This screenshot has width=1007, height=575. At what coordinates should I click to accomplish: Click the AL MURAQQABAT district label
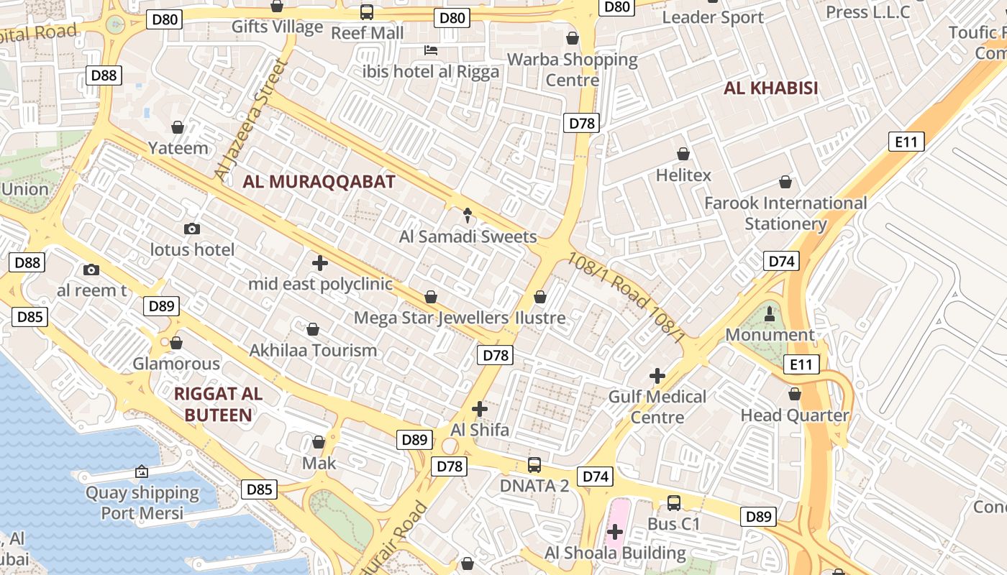[x=319, y=182]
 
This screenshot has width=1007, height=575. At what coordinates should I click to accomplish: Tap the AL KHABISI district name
[x=771, y=88]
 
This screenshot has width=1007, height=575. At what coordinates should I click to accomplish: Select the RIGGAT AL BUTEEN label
[x=218, y=404]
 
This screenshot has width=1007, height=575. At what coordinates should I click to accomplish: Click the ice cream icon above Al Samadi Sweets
[x=468, y=214]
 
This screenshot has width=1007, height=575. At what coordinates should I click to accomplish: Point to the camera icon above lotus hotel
[x=191, y=229]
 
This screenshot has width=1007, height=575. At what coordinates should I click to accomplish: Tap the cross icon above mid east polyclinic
[x=320, y=262]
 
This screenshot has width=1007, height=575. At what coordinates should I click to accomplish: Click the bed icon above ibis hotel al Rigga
[x=430, y=50]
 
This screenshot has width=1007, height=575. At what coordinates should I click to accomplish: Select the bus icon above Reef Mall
[x=367, y=11]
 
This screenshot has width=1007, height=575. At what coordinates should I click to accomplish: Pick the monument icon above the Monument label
[x=770, y=313]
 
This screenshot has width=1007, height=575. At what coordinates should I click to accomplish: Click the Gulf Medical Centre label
[x=657, y=406]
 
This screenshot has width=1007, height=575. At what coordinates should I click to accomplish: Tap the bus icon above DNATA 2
[x=534, y=464]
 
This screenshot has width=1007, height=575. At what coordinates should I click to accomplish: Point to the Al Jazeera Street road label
[x=251, y=120]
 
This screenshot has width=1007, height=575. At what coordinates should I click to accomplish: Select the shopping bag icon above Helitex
[x=683, y=154]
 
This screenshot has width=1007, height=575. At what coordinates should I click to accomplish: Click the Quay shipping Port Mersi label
[x=142, y=502]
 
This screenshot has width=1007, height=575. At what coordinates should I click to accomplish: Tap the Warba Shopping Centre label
[x=573, y=69]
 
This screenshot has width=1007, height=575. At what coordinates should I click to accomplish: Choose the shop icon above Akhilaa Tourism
[x=313, y=329]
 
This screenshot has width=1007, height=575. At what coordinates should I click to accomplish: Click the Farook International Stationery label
[x=785, y=213]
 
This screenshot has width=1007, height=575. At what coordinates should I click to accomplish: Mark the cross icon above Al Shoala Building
[x=614, y=532]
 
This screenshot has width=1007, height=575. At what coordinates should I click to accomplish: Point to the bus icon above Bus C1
[x=673, y=503]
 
